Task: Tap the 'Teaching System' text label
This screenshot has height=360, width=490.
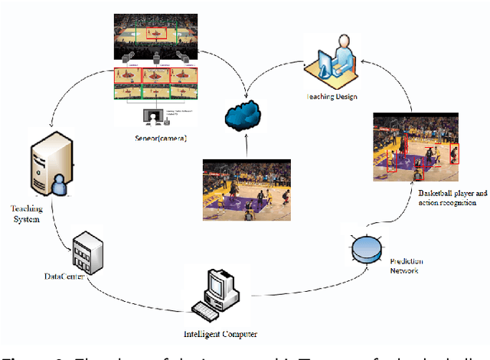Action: pyautogui.click(x=27, y=213)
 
